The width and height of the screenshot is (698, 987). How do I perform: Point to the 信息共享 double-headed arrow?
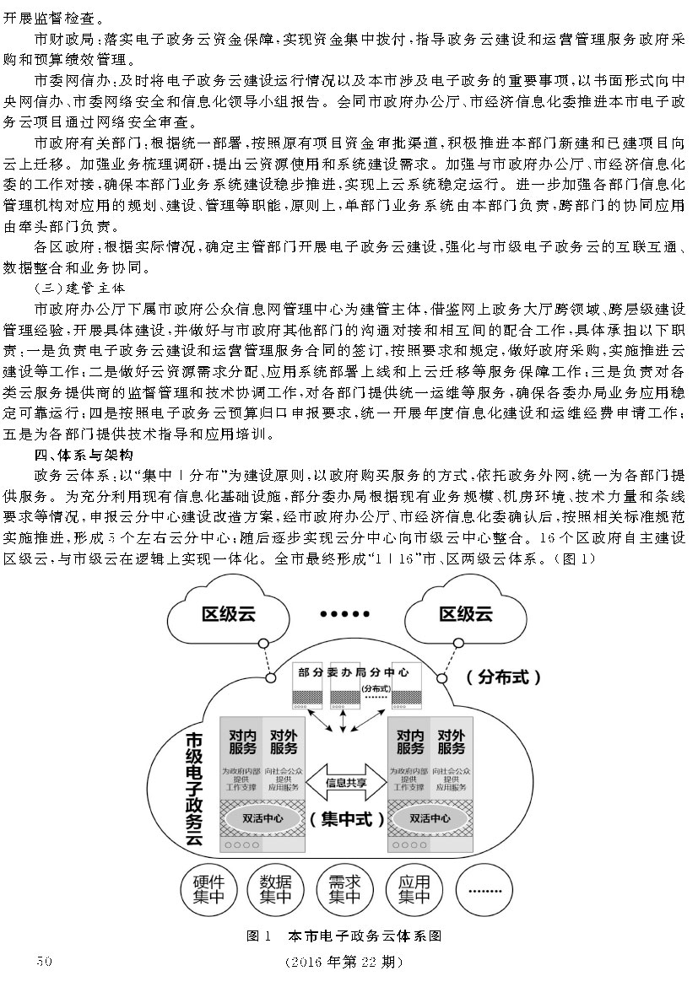tap(346, 783)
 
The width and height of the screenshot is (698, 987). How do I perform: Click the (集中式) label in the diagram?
tap(346, 818)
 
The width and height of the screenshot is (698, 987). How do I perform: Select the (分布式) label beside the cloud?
tap(504, 676)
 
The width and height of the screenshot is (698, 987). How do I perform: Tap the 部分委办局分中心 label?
tap(351, 673)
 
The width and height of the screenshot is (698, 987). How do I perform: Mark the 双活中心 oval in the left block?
tap(262, 817)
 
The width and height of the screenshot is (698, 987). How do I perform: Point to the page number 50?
tap(41, 961)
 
